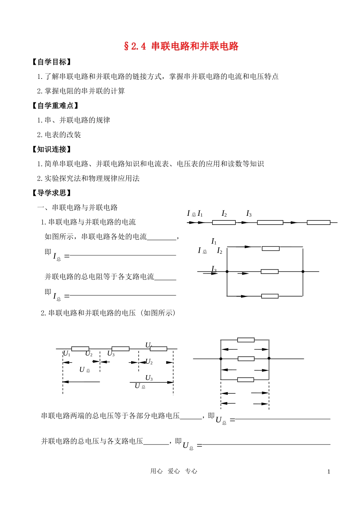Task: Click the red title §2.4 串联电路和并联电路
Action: pos(181,46)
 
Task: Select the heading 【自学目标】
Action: pos(52,62)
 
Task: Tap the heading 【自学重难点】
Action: pos(55,105)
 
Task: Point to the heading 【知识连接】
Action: pos(52,149)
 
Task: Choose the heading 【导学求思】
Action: pos(52,193)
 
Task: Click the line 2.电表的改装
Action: pos(59,135)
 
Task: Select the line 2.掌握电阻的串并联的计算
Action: pos(81,91)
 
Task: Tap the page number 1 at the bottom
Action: pos(329,471)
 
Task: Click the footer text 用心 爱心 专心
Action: pos(174,471)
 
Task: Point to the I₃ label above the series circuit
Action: pos(249,214)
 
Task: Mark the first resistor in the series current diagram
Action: pos(224,223)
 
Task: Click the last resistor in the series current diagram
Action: pos(318,223)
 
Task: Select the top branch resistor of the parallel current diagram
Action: pos(271,248)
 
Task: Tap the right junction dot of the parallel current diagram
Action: pos(303,272)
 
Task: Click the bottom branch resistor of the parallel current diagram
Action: pos(270,296)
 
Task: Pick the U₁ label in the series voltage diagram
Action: pos(67,353)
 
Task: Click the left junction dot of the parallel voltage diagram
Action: pos(221,358)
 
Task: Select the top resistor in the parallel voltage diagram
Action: pos(246,340)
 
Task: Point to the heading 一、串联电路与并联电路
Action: pos(77,207)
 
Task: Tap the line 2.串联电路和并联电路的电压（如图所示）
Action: pos(108,313)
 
